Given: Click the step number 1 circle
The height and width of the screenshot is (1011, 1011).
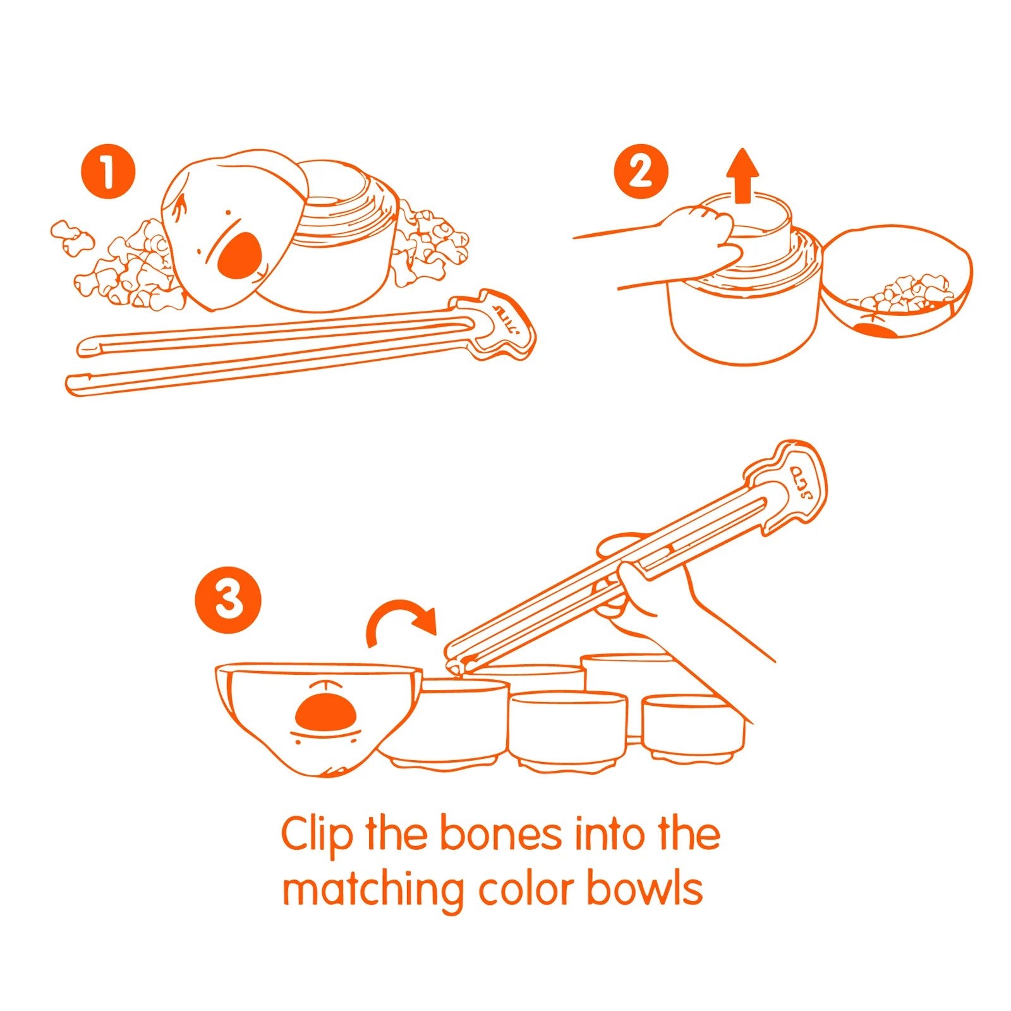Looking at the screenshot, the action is coord(108,172).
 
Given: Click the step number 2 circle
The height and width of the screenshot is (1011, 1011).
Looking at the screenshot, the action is coord(641,172).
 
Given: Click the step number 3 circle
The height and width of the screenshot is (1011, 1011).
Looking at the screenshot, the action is coord(228,600).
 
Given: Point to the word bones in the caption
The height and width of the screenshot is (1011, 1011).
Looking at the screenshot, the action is coord(500,834).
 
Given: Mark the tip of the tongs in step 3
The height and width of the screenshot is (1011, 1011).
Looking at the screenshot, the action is coord(452,665).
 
